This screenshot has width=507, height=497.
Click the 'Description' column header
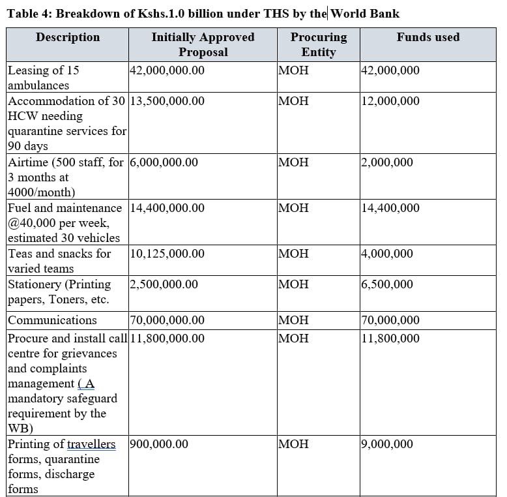(x=68, y=37)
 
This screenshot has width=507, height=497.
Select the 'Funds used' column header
(x=427, y=37)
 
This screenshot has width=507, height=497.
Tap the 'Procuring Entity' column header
(x=319, y=44)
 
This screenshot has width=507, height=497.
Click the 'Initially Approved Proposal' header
(x=203, y=44)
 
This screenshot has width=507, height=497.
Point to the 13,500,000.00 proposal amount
(x=167, y=101)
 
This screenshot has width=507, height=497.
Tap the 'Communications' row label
(x=52, y=320)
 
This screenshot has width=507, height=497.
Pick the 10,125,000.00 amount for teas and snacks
(x=167, y=254)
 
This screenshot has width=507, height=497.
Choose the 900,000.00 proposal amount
(x=159, y=444)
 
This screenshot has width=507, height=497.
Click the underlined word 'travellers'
(x=91, y=444)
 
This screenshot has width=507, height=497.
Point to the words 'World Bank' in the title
(x=366, y=13)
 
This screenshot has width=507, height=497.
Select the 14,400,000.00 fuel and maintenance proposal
(x=167, y=208)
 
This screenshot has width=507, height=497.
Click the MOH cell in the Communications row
(x=293, y=320)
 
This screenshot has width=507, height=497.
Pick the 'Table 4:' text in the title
(x=29, y=13)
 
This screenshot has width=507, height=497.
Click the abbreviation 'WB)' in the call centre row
(x=20, y=429)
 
